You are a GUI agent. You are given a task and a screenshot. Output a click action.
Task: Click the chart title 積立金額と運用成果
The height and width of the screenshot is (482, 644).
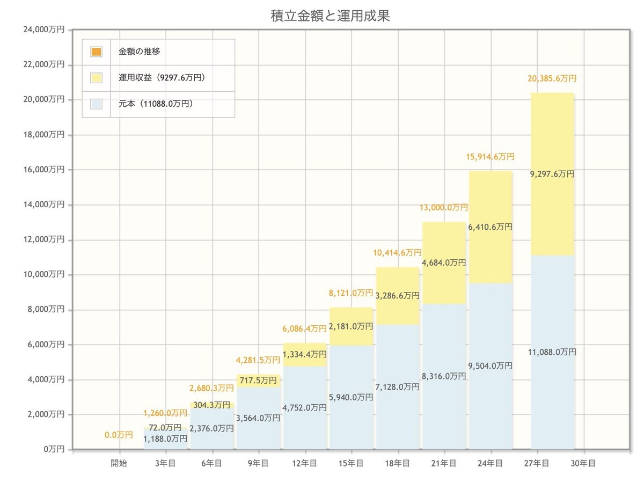tap(330, 16)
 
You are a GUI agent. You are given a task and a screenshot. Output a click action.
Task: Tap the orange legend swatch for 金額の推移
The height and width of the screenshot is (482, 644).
tap(97, 52)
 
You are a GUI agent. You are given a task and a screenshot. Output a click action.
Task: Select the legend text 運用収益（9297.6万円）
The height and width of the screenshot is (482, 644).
tap(162, 78)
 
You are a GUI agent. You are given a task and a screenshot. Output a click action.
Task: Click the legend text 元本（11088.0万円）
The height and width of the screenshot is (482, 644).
tap(155, 104)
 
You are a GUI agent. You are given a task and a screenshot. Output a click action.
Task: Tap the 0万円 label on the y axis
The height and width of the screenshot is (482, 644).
tap(54, 449)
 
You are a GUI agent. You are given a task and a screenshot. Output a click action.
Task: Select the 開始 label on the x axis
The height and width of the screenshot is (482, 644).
tap(119, 463)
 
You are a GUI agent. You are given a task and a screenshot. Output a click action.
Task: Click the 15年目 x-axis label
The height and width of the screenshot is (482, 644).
tap(351, 463)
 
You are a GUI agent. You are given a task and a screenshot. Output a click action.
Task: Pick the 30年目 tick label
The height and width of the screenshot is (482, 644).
tap(583, 463)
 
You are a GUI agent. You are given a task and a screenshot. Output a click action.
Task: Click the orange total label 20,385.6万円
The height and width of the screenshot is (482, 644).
tap(552, 78)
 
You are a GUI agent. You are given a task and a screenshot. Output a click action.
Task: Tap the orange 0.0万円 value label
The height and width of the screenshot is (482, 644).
tap(119, 435)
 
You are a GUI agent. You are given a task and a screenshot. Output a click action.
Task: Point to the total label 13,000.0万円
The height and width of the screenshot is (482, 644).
tap(443, 207)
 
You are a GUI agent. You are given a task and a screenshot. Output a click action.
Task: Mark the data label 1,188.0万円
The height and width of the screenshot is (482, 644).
tap(165, 439)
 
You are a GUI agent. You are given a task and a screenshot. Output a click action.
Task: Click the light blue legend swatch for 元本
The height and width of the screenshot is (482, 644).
tap(97, 104)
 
